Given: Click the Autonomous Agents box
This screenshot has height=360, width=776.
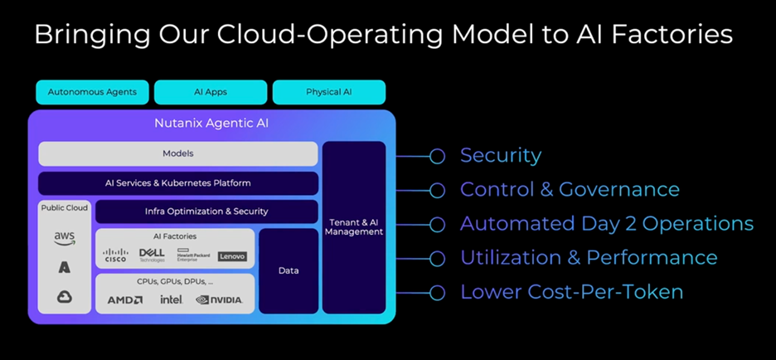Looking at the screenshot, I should point(92,92).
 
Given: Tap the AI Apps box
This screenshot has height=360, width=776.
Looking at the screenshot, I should point(211,92).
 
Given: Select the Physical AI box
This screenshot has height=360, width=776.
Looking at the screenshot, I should point(328,92).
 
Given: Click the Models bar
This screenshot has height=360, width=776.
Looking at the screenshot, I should point(178,153).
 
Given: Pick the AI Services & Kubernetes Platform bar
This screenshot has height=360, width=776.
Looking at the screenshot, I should point(178,182).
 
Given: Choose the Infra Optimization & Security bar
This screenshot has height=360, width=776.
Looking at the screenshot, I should point(206,212).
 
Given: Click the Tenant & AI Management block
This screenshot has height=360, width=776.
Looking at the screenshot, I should point(354,226).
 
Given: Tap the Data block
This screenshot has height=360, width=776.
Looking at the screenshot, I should point(289,270).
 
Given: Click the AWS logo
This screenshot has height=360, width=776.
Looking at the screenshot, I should point(65,238).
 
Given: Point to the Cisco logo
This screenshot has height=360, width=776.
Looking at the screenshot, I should point(116,256).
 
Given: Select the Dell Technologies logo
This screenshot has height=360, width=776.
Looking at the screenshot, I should point(153,255).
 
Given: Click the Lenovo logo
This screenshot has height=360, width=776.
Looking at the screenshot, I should point(232,256).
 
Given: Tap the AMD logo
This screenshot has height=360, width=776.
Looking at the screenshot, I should point(125,299).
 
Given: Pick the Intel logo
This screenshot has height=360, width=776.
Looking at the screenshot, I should point(172,299).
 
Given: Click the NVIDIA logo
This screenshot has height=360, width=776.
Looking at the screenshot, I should point(220,299).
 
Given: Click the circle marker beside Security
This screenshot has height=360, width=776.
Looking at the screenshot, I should point(437,156).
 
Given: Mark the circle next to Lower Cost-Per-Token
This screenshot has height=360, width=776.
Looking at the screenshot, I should point(437,292).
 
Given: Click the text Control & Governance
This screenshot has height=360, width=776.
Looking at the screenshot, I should point(570,189).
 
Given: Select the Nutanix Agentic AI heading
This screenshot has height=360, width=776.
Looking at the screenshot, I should point(211,124).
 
